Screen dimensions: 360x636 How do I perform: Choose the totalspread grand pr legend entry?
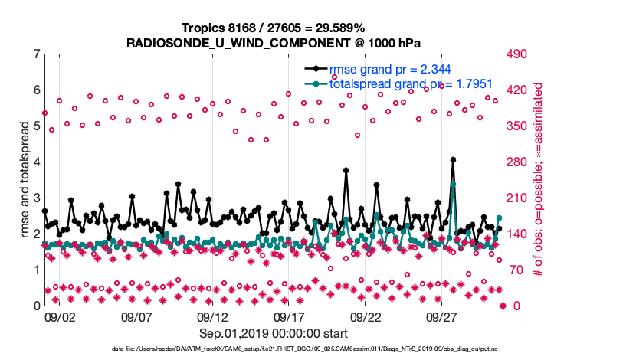tap(399, 83)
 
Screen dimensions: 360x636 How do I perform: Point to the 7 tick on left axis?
tap(36, 54)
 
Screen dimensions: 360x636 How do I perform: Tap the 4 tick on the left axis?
tap(36, 162)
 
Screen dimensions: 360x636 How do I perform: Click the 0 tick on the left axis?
tap(36, 306)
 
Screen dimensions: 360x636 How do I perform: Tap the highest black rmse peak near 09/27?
tap(454, 159)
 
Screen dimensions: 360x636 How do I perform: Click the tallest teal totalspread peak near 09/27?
tap(454, 184)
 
